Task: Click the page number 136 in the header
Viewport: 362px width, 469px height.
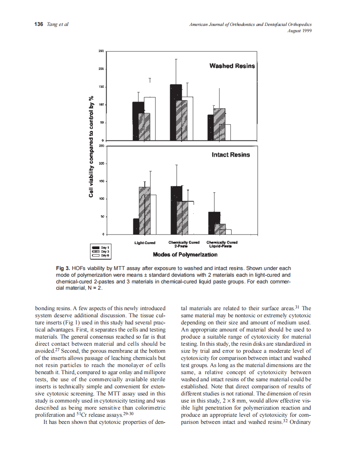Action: click(38, 24)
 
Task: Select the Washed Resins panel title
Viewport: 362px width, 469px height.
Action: click(232, 66)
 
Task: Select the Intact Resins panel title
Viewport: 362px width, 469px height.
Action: click(231, 155)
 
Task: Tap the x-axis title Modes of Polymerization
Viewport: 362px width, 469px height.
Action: click(185, 254)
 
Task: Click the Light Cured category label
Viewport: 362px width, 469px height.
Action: click(145, 243)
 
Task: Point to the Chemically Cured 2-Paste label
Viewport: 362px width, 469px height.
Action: click(184, 244)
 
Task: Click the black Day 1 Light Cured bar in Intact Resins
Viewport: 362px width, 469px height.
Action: click(136, 227)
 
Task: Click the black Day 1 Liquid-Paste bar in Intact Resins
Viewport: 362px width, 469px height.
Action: click(214, 223)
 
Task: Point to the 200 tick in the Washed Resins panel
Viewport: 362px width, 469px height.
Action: click(101, 69)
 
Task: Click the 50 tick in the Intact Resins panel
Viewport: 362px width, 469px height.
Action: click(102, 217)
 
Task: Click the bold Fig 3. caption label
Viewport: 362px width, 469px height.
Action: click(63, 268)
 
